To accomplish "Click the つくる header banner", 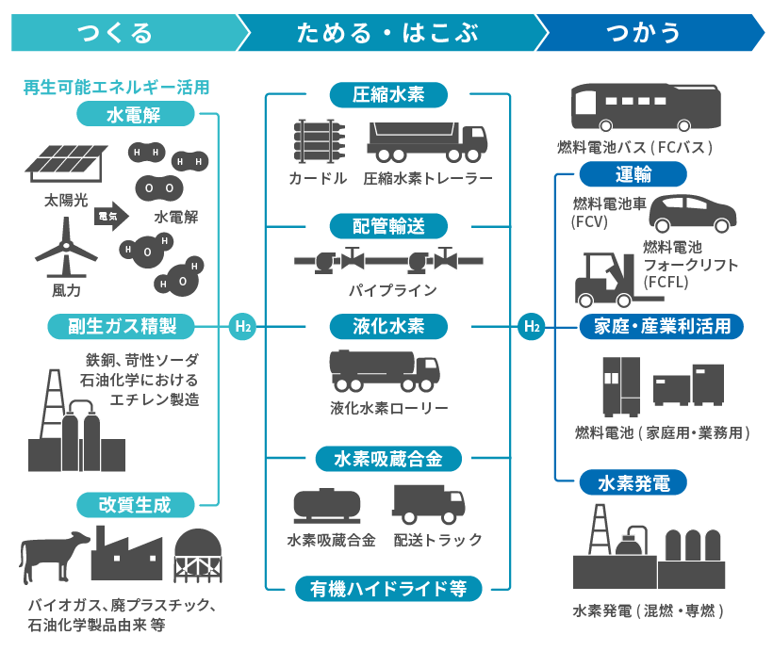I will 118,33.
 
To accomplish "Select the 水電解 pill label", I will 150,115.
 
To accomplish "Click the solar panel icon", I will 64,166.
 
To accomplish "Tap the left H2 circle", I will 242,327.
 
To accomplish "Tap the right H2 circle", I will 532,327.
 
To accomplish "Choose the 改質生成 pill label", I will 136,504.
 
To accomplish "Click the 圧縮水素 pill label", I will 387,94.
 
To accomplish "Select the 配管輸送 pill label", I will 387,226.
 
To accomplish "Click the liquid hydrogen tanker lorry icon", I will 384,370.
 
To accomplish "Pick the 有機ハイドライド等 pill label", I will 388,589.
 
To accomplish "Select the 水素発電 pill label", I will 634,483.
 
